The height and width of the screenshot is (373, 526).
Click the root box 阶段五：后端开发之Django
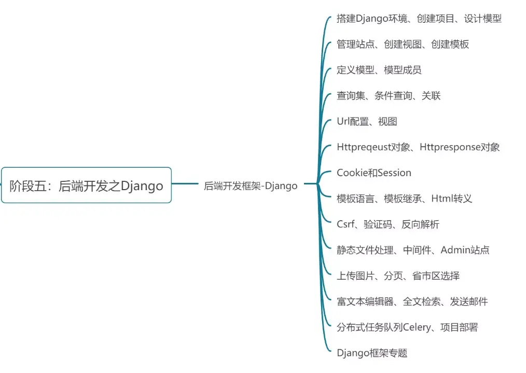tap(86, 185)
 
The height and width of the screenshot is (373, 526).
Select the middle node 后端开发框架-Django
tap(251, 186)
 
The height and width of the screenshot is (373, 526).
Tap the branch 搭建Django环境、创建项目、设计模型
tap(419, 19)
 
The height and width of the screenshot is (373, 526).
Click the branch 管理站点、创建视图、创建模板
tap(403, 44)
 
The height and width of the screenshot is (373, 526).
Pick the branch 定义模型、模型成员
tap(379, 70)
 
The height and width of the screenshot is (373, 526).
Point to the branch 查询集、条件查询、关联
tap(389, 95)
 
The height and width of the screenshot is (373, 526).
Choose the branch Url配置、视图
tap(367, 121)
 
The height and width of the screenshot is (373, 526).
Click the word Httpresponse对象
tap(460, 147)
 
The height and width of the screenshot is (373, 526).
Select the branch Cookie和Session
tap(373, 173)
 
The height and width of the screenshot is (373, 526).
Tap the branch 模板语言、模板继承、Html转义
tap(404, 198)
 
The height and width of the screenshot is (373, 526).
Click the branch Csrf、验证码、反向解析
tap(387, 224)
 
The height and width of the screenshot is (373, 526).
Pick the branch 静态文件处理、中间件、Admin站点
tap(413, 250)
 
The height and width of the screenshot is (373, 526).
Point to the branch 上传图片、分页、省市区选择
tap(398, 276)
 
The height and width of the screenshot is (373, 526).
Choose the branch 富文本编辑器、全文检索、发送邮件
tap(412, 302)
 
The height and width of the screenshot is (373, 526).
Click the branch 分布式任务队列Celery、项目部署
tap(407, 327)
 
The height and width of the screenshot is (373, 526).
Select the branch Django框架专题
tap(372, 353)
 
